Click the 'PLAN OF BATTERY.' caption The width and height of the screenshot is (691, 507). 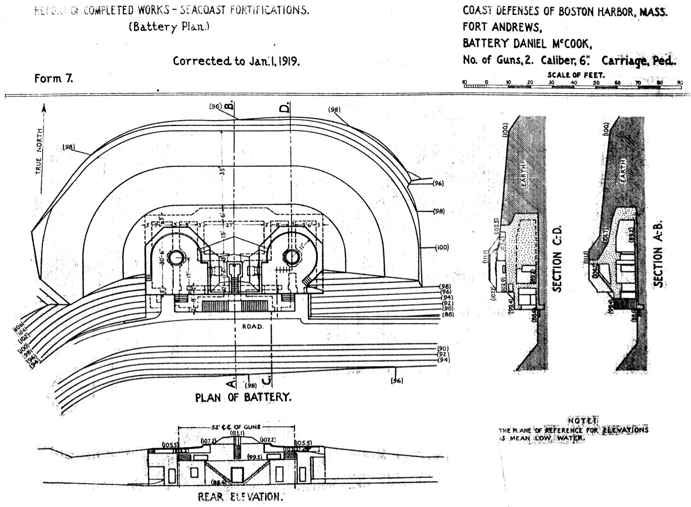[243, 397]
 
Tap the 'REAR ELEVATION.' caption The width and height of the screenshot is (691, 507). [240, 497]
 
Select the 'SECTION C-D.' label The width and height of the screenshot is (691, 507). [557, 259]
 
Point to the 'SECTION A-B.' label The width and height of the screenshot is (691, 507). [658, 253]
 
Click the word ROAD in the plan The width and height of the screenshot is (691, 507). [253, 327]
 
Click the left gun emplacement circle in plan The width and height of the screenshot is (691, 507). [176, 257]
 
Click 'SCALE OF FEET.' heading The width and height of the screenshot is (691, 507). [576, 75]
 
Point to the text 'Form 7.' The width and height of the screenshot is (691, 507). [53, 78]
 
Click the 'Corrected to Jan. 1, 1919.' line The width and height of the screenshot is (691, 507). [237, 61]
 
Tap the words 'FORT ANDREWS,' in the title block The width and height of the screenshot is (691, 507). [495, 27]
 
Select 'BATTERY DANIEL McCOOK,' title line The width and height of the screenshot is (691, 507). [527, 44]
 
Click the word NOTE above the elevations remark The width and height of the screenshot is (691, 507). [583, 420]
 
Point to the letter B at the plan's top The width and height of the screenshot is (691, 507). [229, 106]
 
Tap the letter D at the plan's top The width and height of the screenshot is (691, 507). [284, 108]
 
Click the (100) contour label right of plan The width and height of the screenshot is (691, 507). [441, 247]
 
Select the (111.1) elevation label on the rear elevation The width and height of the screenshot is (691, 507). [236, 433]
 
